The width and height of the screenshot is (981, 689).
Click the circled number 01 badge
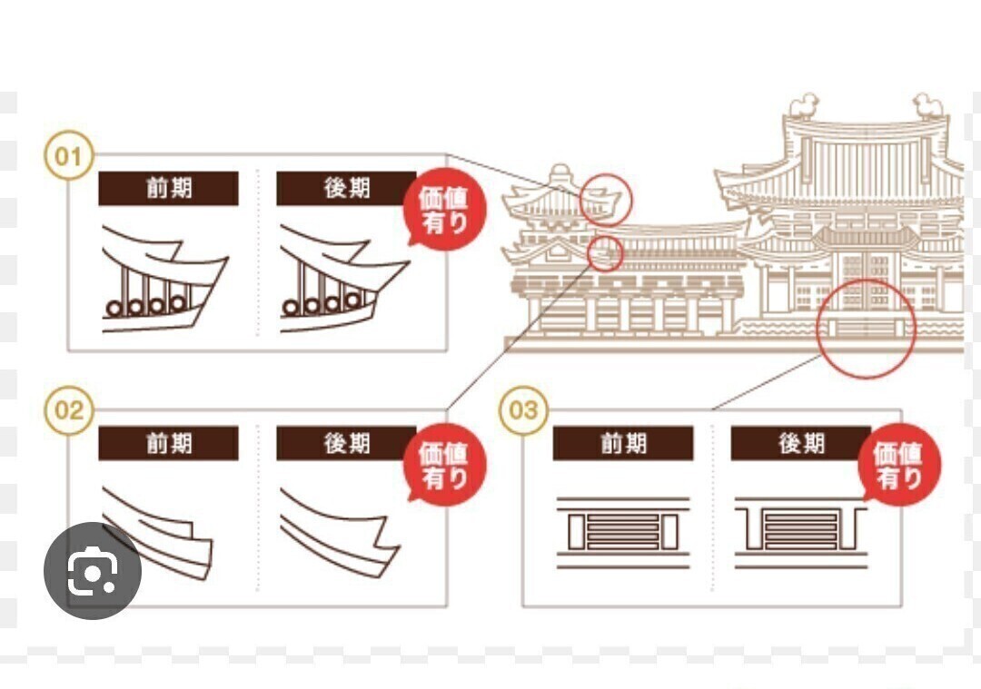click(68, 157)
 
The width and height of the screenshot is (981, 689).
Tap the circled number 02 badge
click(68, 411)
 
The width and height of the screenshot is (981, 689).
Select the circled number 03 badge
click(523, 411)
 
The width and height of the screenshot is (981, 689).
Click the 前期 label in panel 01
click(168, 188)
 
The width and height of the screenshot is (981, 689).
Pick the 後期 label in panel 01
click(346, 188)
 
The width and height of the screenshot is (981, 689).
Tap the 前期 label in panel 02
click(168, 443)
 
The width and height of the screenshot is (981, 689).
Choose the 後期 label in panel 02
click(346, 443)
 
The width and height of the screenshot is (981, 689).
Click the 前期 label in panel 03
click(623, 443)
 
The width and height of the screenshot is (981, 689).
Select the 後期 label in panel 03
click(800, 443)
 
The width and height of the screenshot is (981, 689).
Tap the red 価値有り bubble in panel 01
click(444, 212)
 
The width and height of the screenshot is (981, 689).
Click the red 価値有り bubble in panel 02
click(444, 467)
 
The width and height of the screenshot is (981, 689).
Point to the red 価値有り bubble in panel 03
click(899, 467)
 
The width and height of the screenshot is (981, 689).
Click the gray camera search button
click(93, 571)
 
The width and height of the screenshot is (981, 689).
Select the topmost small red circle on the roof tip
click(606, 199)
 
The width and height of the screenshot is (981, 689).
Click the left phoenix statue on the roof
click(804, 106)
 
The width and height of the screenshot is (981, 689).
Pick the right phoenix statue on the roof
click(928, 106)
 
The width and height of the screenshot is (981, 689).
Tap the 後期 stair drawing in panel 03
click(800, 532)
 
